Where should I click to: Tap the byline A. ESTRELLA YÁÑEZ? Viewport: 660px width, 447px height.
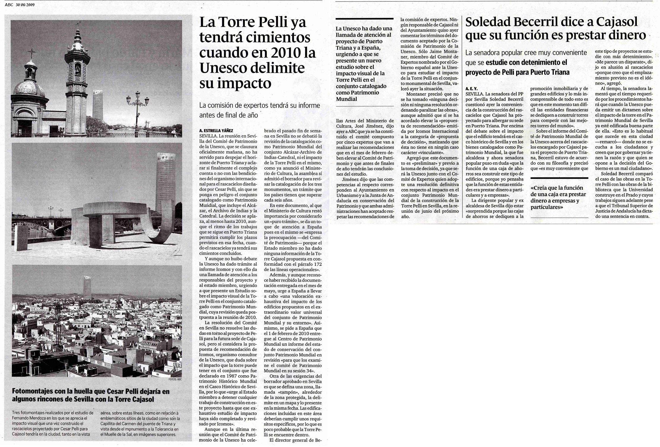(216, 130)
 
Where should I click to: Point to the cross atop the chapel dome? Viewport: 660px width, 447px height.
(32, 53)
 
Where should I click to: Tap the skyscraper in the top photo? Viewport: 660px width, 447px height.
(98, 104)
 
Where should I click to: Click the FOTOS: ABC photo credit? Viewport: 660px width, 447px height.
(174, 379)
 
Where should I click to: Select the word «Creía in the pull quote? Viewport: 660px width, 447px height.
(540, 188)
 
